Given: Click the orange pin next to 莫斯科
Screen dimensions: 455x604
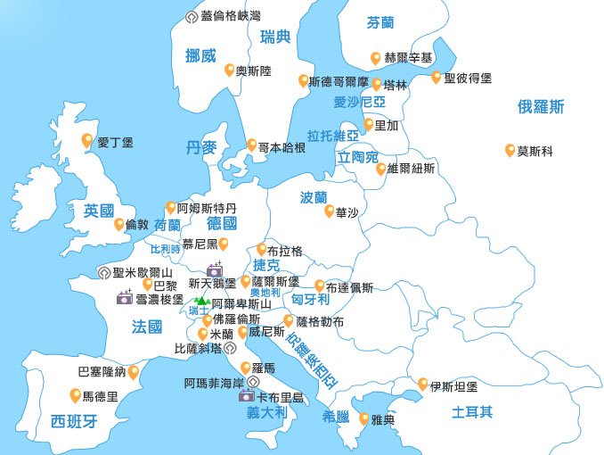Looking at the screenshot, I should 510,150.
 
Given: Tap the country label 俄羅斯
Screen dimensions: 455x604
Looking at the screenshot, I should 541,107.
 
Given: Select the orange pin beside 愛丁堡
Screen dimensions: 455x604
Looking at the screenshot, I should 87,140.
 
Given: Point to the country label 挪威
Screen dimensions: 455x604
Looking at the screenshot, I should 200,55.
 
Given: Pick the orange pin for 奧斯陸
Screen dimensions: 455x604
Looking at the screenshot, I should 229,70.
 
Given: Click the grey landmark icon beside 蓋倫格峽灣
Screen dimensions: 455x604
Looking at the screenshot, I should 191,16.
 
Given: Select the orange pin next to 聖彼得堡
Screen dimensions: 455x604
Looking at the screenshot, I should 437,78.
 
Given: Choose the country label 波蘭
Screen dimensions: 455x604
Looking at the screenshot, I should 314,197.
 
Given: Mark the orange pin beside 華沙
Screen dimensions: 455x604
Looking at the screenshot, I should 329,211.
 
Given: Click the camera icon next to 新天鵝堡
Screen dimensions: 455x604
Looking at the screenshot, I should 215,269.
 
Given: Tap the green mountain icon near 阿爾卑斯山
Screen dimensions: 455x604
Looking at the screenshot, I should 201,303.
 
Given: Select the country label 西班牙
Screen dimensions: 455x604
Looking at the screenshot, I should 73,421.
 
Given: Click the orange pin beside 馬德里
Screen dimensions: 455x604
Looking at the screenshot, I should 75,395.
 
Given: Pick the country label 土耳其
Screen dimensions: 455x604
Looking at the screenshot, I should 472,412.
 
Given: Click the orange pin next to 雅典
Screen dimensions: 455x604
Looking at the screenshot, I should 363,418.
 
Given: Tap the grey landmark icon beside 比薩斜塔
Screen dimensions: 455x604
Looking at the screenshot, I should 228,348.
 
